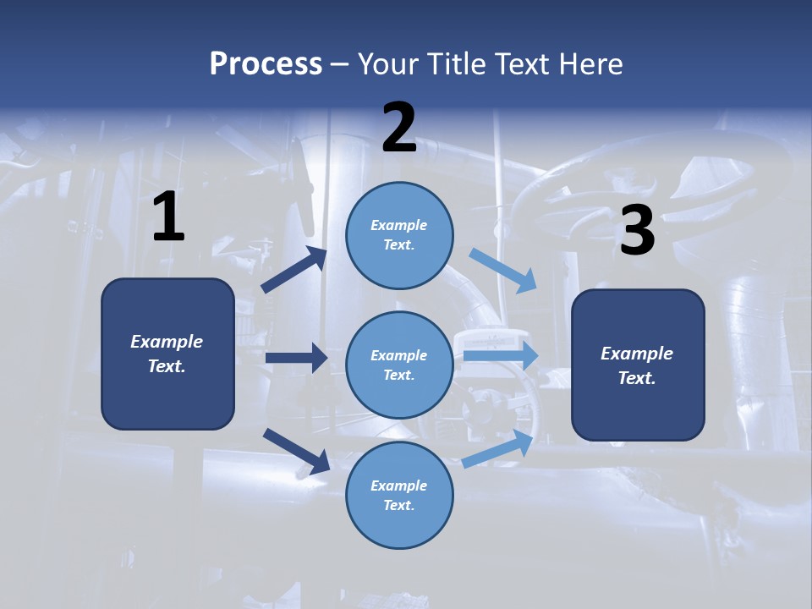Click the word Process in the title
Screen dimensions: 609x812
point(266,64)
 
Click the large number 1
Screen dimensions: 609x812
point(168,217)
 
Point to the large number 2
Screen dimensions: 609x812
point(399,128)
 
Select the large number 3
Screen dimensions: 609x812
point(637,232)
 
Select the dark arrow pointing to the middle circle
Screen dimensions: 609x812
point(296,358)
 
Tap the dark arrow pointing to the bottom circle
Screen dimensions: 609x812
point(296,451)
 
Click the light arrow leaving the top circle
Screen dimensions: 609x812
point(503,270)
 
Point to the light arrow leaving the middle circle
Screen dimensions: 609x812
point(501,355)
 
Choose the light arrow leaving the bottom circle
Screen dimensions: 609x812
point(498,448)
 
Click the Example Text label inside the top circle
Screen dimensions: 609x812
point(399,235)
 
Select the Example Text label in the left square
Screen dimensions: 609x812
point(167,354)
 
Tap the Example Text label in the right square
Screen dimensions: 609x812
point(637,365)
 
